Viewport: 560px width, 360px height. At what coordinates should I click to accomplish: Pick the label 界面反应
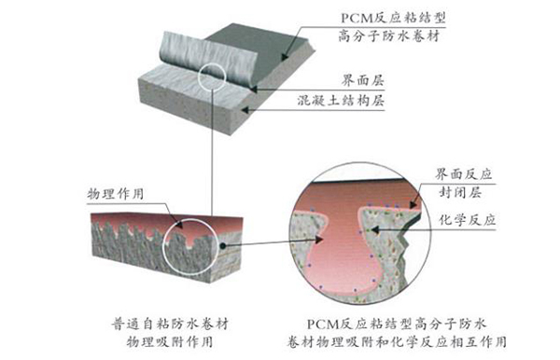click(465, 174)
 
